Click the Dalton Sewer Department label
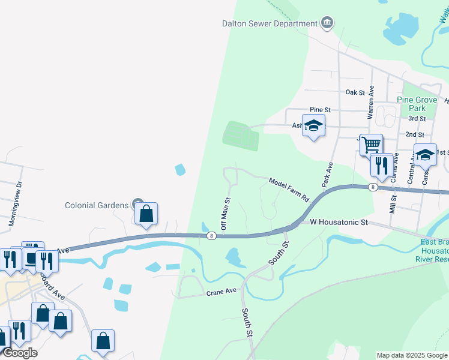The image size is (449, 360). [270, 24]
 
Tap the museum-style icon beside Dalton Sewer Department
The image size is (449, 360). [327, 23]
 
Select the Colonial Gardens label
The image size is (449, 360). [97, 205]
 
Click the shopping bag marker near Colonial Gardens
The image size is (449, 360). [146, 213]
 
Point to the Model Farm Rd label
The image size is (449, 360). [288, 190]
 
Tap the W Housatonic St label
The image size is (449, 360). [338, 222]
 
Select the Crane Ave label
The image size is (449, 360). [223, 293]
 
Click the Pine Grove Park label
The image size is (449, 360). [411, 104]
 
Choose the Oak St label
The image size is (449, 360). [355, 92]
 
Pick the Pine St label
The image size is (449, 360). [320, 110]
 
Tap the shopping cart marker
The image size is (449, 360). [372, 144]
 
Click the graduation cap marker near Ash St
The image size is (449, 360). [313, 127]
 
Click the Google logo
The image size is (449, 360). [20, 352]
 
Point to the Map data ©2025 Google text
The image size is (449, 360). [412, 355]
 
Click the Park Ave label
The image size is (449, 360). [327, 174]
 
